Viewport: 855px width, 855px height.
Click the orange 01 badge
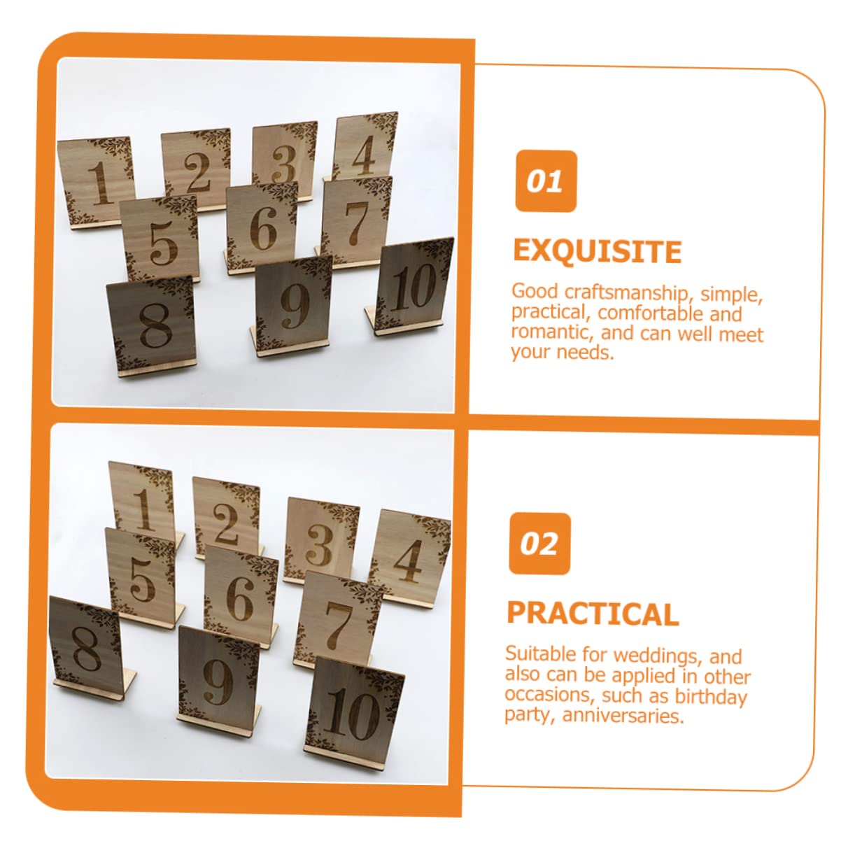(x=546, y=181)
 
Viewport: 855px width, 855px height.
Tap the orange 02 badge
(x=539, y=544)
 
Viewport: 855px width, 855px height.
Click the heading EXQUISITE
(x=597, y=251)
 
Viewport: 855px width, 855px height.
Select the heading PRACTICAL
(x=593, y=614)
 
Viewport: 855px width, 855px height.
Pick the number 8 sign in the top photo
(x=152, y=324)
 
